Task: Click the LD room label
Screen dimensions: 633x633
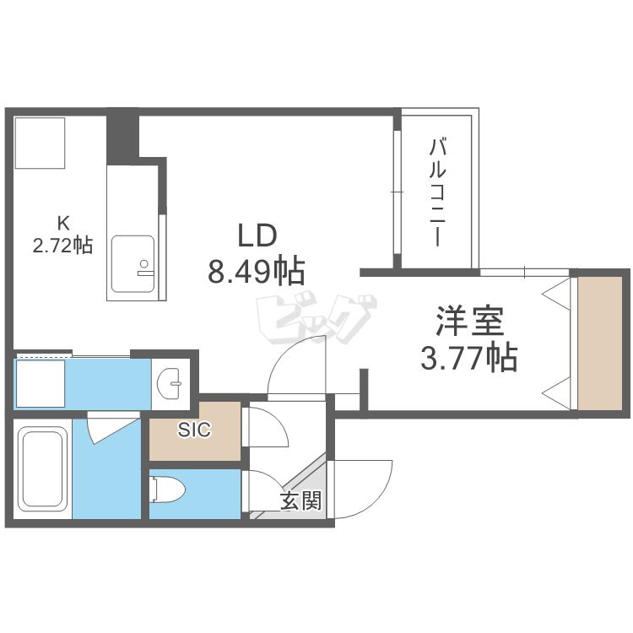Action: tap(257, 235)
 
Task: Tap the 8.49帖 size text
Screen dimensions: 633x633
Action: tap(257, 271)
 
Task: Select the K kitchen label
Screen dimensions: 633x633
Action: tap(63, 222)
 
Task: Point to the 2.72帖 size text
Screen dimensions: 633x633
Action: tap(62, 245)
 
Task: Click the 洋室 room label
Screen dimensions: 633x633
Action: tap(469, 321)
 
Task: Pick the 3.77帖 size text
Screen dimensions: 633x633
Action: tap(469, 358)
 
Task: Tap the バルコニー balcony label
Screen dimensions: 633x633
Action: tap(437, 192)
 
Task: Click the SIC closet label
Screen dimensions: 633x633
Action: tap(195, 430)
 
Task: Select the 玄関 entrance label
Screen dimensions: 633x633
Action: tap(301, 500)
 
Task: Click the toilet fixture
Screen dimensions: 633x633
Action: tap(167, 490)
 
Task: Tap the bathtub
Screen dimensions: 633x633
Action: tap(43, 469)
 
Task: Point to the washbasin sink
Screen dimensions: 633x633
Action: tap(170, 382)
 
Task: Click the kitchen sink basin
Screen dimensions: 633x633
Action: tap(133, 264)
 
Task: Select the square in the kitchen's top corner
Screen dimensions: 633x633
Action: tap(40, 143)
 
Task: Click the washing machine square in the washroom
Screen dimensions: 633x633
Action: tap(40, 383)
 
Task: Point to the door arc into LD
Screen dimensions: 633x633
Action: tap(283, 355)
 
